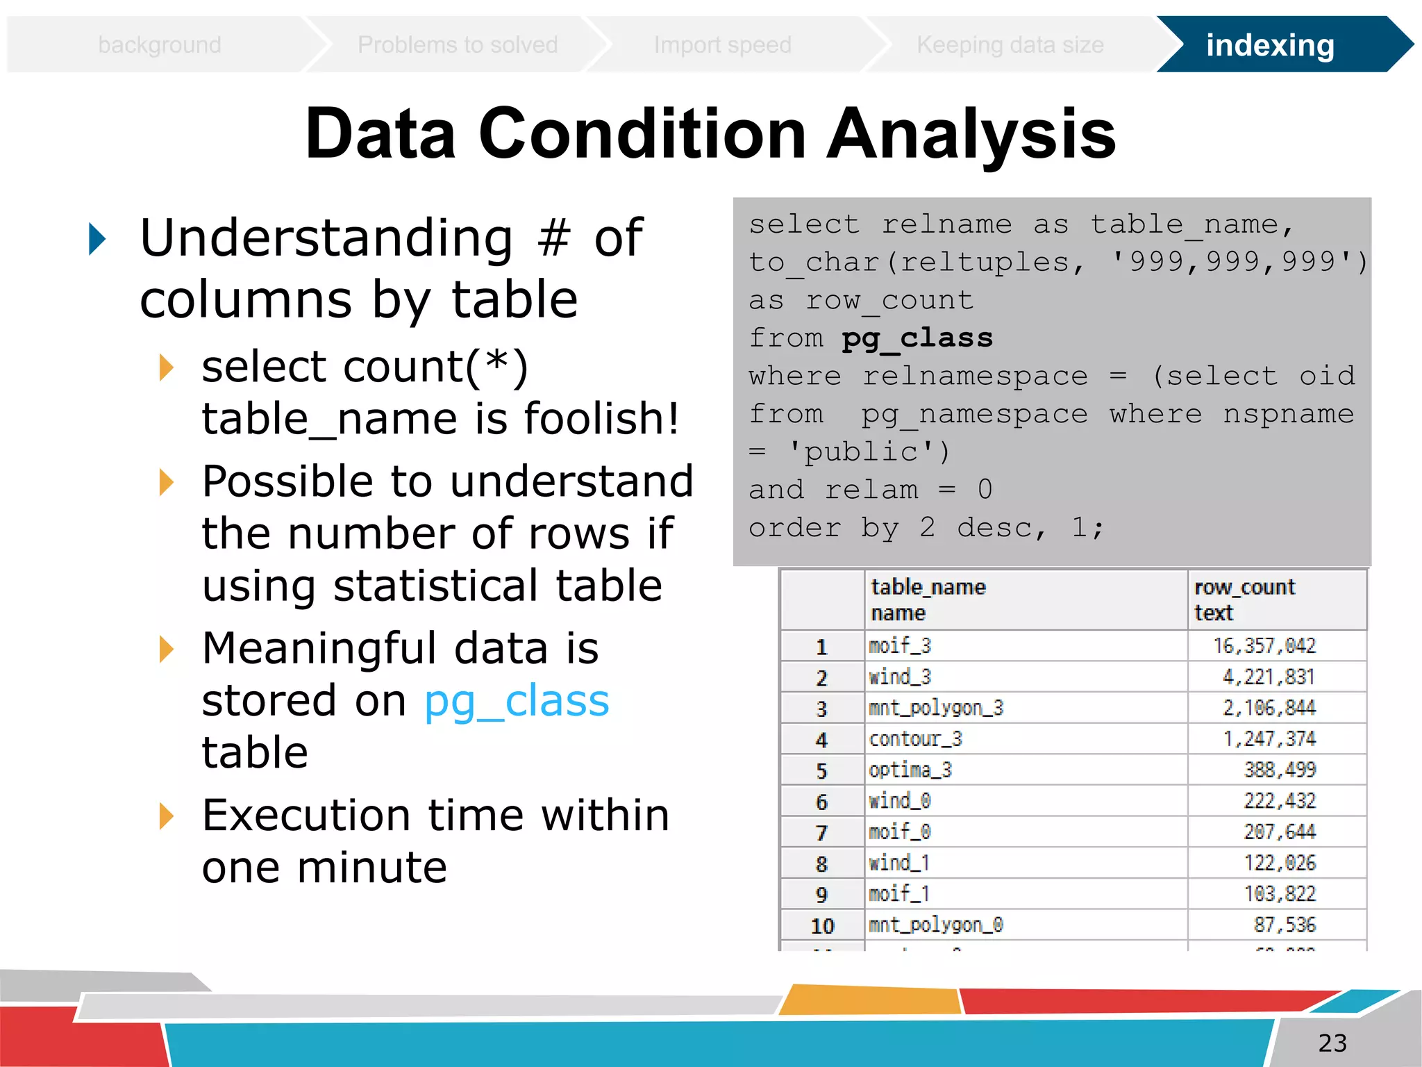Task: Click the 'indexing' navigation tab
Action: (x=1269, y=45)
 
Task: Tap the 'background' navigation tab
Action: (x=160, y=45)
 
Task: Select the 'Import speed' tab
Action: (x=722, y=45)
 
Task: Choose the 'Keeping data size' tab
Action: (x=1010, y=45)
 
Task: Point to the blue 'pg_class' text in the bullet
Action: (x=517, y=702)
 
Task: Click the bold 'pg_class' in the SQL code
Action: (x=917, y=338)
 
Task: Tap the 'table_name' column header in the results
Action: (x=928, y=588)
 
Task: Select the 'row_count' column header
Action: (x=1244, y=588)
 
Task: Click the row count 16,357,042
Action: (x=1264, y=646)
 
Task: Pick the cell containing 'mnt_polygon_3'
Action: (x=936, y=709)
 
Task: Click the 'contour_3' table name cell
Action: (x=915, y=739)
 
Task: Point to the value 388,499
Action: (x=1279, y=770)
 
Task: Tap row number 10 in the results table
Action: (x=822, y=926)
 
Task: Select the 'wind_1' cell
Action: (x=899, y=863)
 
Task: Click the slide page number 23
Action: (x=1332, y=1043)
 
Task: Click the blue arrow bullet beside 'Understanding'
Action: (x=97, y=239)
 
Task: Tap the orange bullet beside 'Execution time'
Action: (x=166, y=816)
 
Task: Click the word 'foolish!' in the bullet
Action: (x=601, y=419)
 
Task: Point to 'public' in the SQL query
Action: (x=861, y=452)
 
